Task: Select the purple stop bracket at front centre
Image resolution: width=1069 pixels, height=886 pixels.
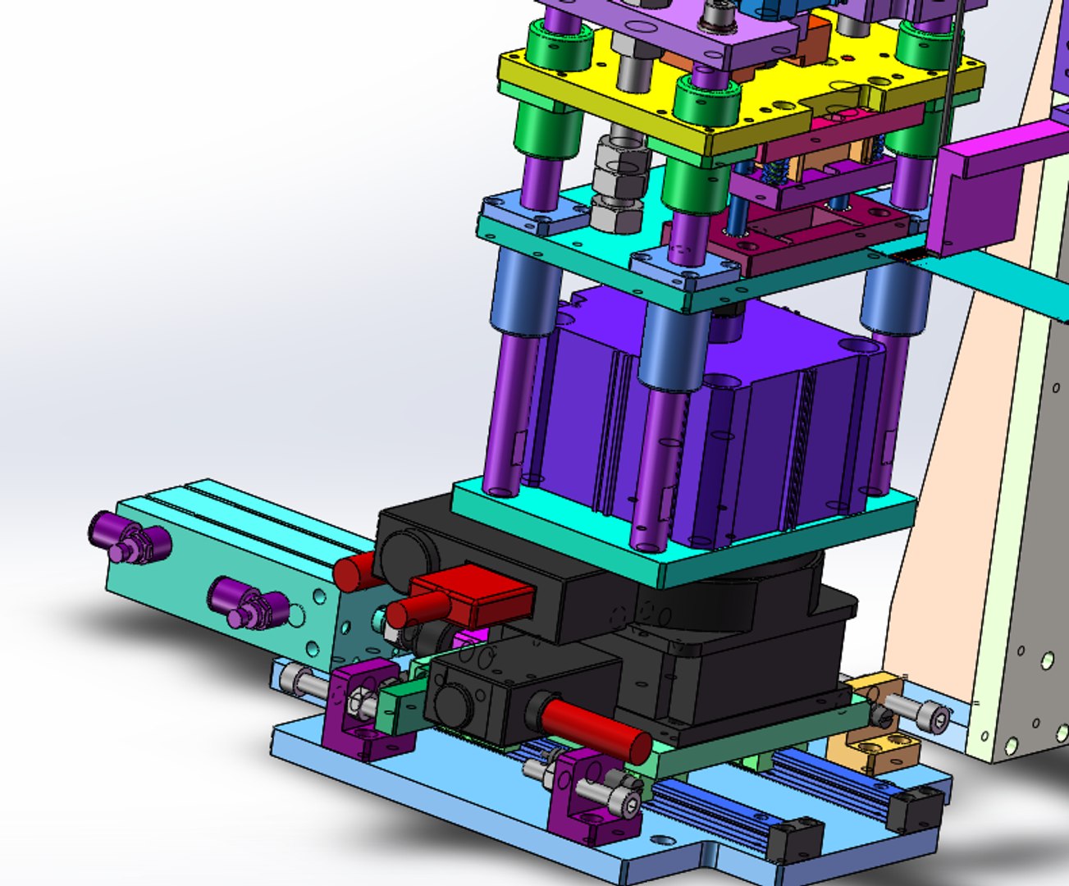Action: [591, 792]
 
